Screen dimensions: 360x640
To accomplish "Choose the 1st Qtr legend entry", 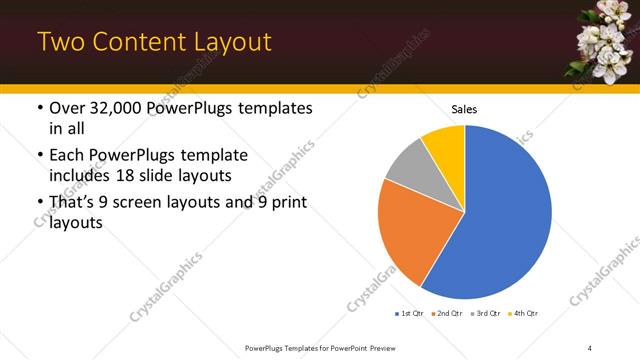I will [x=410, y=314].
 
